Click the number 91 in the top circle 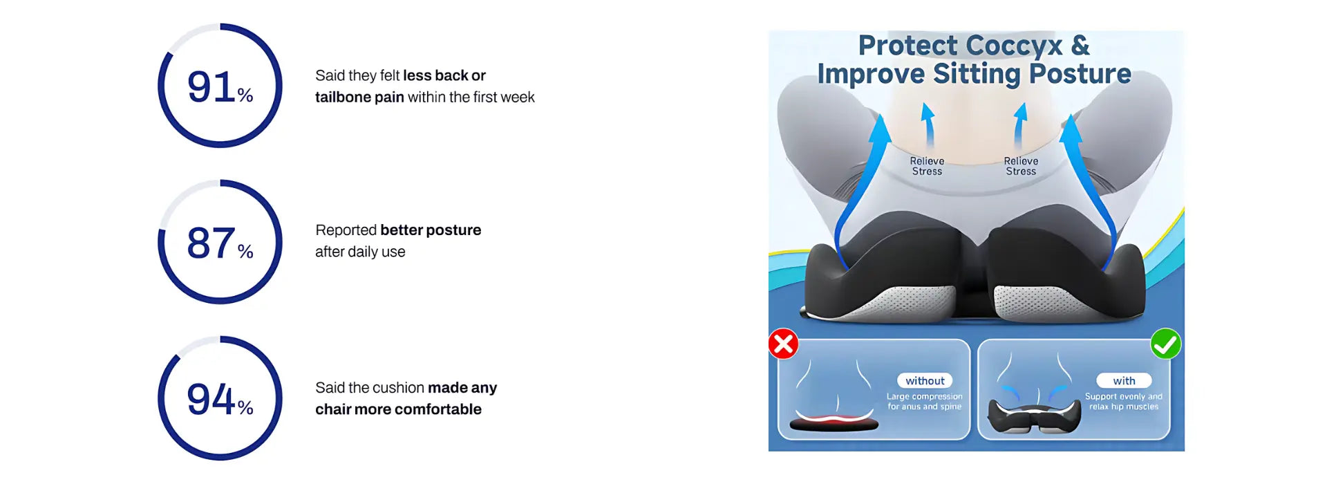tap(211, 87)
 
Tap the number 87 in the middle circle tap(211, 243)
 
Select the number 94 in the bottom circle tap(211, 400)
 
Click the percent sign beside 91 tap(245, 95)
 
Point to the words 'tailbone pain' tap(359, 97)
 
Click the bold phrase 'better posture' tap(431, 230)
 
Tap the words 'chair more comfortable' tap(398, 409)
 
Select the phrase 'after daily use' tap(360, 252)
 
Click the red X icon tap(784, 344)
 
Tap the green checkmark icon tap(1166, 344)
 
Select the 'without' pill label tap(925, 380)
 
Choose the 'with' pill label tap(1124, 380)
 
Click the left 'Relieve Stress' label tap(927, 166)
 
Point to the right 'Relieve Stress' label tap(1021, 166)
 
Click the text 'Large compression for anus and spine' tap(925, 402)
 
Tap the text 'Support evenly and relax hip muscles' tap(1124, 402)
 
